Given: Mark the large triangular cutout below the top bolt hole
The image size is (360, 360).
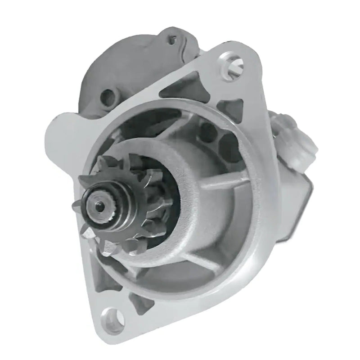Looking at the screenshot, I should click(x=184, y=85).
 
